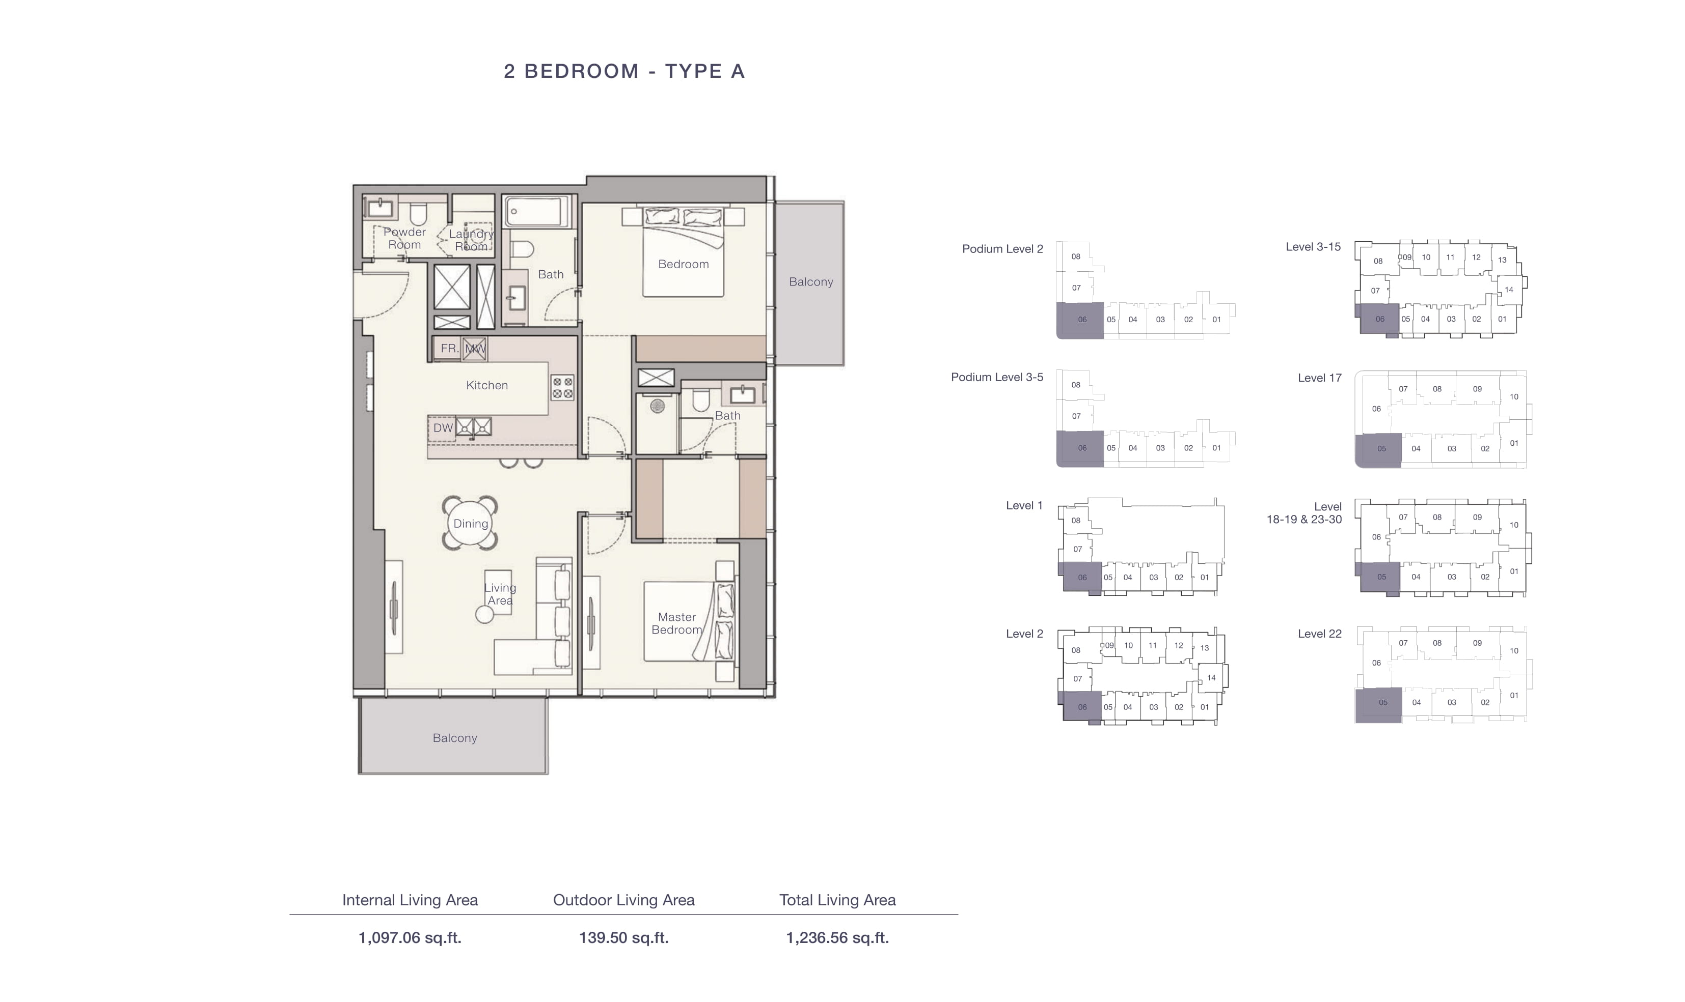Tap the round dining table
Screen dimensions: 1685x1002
470,523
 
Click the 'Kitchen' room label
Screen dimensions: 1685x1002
486,385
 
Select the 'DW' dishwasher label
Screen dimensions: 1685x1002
443,427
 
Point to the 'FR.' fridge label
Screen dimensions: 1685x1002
449,349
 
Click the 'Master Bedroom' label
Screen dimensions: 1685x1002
676,623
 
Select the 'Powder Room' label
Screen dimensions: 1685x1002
404,238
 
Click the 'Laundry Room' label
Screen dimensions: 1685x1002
471,240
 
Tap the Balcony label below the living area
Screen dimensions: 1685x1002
455,738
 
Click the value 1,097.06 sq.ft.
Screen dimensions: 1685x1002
410,937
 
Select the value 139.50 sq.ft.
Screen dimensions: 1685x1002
623,937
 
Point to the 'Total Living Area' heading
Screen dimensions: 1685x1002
837,900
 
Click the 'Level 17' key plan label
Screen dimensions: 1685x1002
1319,378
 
